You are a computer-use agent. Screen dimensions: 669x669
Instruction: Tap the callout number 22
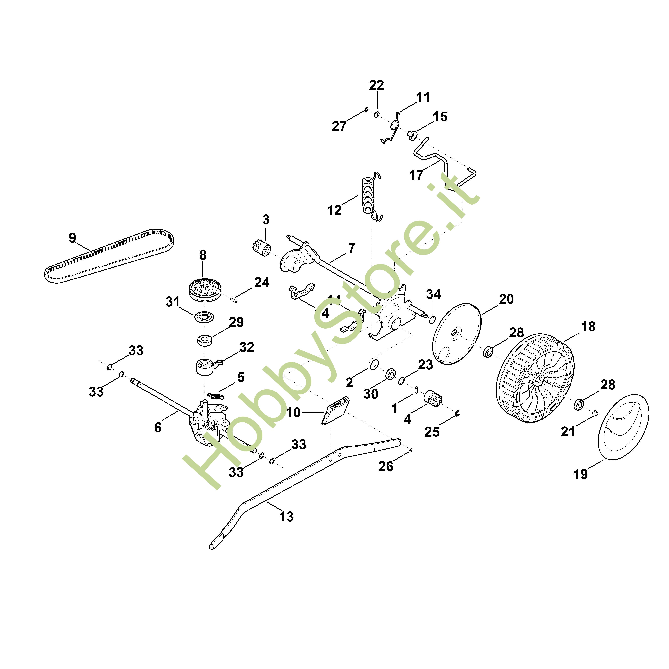pyautogui.click(x=376, y=85)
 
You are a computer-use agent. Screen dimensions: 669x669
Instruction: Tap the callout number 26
pyautogui.click(x=386, y=466)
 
